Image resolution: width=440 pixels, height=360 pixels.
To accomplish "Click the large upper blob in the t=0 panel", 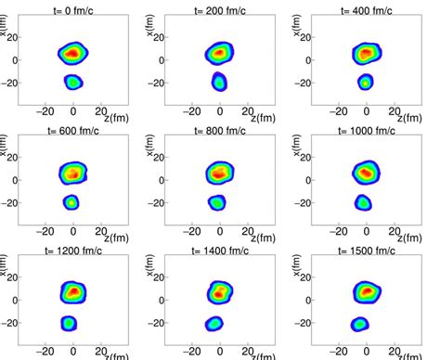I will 72,53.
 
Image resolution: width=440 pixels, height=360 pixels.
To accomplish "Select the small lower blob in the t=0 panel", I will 73,83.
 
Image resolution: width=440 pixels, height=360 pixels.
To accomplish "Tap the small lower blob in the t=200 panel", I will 219,82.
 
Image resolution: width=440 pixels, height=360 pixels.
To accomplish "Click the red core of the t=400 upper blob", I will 366,53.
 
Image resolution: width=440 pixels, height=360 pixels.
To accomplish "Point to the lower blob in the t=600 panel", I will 71,202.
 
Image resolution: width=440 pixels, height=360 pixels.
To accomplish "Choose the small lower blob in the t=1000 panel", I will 364,202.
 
